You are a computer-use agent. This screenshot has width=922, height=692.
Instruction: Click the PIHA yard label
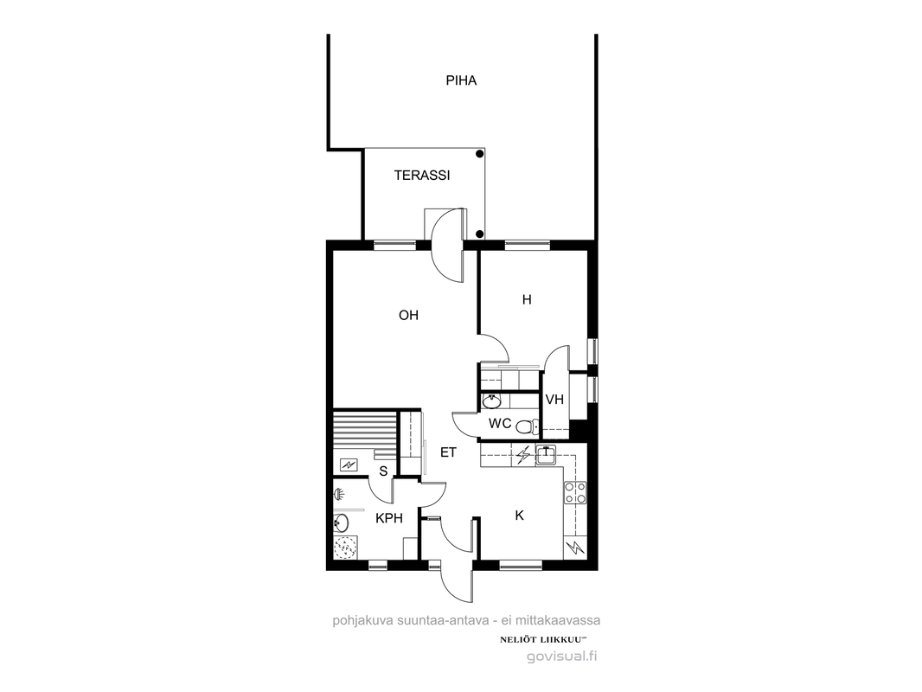click(x=461, y=80)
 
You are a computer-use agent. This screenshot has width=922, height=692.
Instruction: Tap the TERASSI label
click(x=421, y=176)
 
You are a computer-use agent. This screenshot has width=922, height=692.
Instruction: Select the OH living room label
click(x=408, y=315)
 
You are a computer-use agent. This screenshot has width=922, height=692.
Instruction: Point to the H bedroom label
click(x=527, y=300)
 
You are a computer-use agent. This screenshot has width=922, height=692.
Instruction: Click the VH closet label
click(x=554, y=400)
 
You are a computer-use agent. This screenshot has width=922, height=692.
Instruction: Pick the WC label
click(x=500, y=423)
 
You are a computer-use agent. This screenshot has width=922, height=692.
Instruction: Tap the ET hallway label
click(x=449, y=452)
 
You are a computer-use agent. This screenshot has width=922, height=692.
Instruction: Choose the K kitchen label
click(x=519, y=516)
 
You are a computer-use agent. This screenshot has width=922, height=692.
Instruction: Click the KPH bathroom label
click(x=389, y=518)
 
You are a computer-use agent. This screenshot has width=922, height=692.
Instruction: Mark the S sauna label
click(x=383, y=471)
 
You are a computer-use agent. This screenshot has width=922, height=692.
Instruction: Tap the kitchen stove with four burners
click(x=575, y=493)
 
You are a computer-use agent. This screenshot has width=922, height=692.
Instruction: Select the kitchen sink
click(x=547, y=454)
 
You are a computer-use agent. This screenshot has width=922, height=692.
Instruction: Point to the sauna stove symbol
click(x=349, y=465)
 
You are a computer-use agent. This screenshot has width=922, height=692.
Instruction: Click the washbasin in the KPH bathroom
click(x=341, y=522)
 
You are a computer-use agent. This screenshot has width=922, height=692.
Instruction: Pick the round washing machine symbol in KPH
click(x=345, y=547)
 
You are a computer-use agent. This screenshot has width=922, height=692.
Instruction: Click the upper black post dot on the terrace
click(x=480, y=154)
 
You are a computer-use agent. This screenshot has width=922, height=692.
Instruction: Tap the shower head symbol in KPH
click(x=339, y=494)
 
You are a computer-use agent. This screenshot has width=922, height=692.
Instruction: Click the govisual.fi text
click(x=561, y=657)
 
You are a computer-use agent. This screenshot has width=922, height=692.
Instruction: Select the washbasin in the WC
click(x=491, y=402)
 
